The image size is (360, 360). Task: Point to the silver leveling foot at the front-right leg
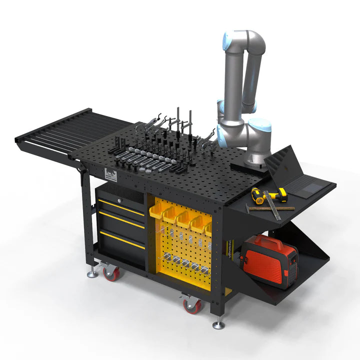click(x=218, y=325)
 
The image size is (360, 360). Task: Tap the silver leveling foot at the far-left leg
click(x=92, y=273)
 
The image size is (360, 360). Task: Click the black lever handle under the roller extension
click(x=80, y=172)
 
